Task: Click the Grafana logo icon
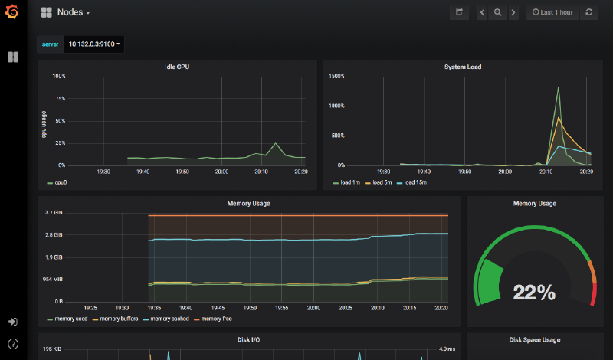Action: click(12, 13)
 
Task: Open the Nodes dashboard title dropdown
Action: click(74, 12)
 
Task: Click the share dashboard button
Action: click(459, 12)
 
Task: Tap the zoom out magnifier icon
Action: click(497, 12)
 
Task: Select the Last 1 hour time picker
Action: click(552, 12)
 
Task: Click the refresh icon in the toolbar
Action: click(588, 12)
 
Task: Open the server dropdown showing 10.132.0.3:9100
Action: click(94, 44)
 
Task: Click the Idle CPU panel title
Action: click(177, 67)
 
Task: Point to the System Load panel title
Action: click(463, 67)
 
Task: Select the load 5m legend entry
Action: click(380, 183)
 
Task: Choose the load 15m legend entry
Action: click(415, 183)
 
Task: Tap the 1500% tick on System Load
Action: click(336, 77)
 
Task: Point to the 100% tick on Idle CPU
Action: click(58, 77)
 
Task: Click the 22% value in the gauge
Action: click(534, 292)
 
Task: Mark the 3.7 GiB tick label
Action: click(54, 212)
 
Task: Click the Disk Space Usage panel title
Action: click(534, 339)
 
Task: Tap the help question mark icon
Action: click(12, 344)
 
